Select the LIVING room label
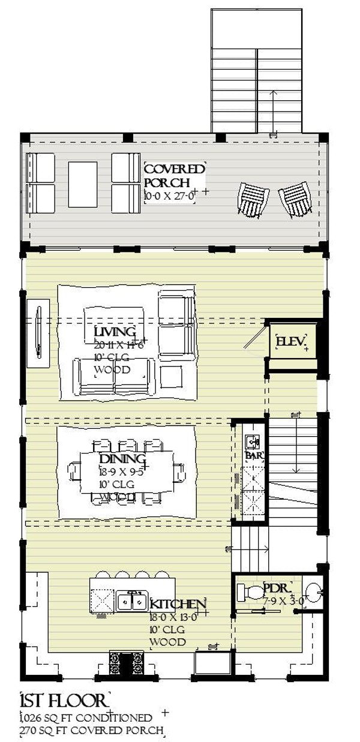(115, 332)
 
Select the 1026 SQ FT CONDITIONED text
(85, 717)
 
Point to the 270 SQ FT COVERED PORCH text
(91, 730)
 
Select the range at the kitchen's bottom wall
(127, 663)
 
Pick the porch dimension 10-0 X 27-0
(170, 195)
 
